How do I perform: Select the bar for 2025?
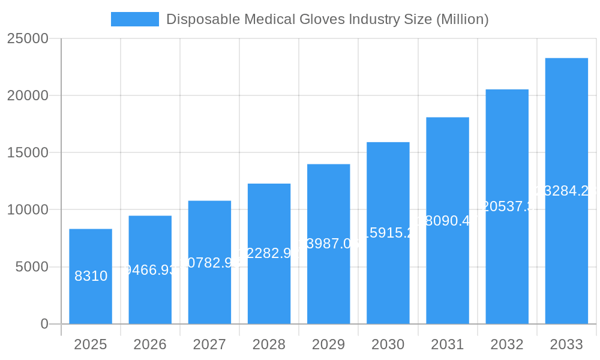tap(91, 276)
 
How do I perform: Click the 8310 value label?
tap(91, 276)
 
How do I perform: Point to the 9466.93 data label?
tap(150, 270)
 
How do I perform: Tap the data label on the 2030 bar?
tap(388, 233)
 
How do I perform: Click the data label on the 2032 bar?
tap(507, 206)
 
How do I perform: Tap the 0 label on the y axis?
tap(44, 324)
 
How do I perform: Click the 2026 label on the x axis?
tap(150, 344)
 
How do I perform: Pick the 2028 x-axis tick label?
tap(269, 344)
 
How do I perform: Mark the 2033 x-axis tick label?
tap(566, 344)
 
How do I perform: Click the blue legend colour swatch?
tap(135, 19)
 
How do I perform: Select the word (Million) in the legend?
tap(462, 19)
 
